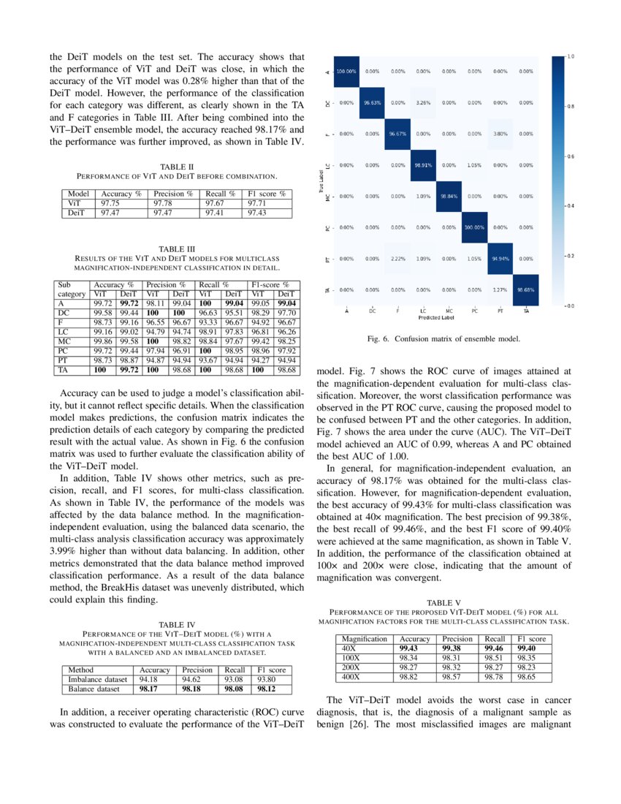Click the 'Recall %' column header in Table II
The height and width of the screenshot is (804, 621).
click(220, 194)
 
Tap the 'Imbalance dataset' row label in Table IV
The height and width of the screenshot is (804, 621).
click(97, 679)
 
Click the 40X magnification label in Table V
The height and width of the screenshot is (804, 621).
click(349, 648)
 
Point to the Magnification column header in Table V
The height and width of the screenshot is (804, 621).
click(365, 638)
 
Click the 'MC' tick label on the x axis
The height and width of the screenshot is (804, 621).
click(449, 311)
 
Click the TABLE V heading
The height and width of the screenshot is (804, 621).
click(443, 602)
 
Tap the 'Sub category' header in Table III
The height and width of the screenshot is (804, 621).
click(72, 289)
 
